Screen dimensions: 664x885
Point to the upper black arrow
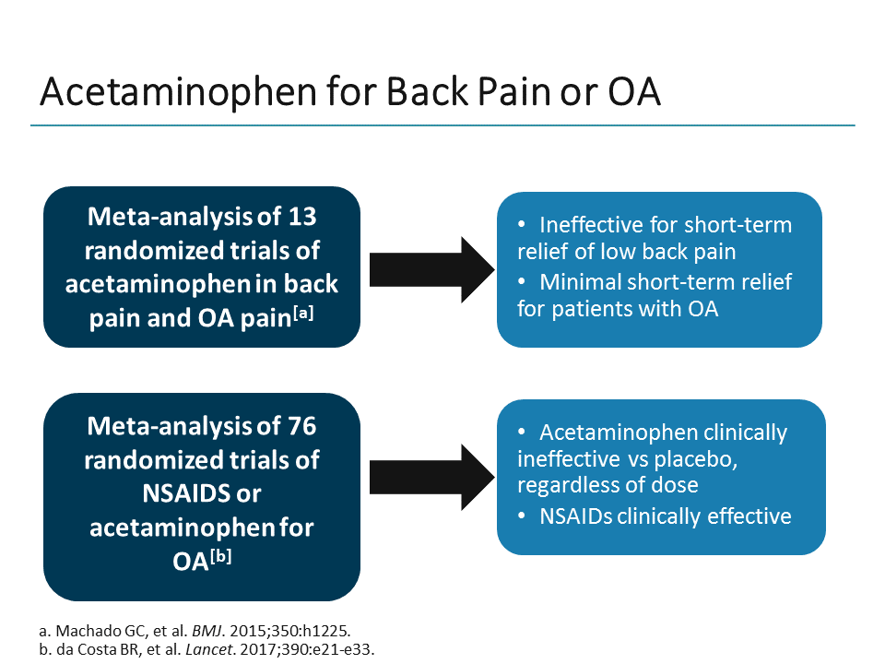pyautogui.click(x=428, y=268)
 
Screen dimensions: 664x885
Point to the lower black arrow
pyautogui.click(x=428, y=476)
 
